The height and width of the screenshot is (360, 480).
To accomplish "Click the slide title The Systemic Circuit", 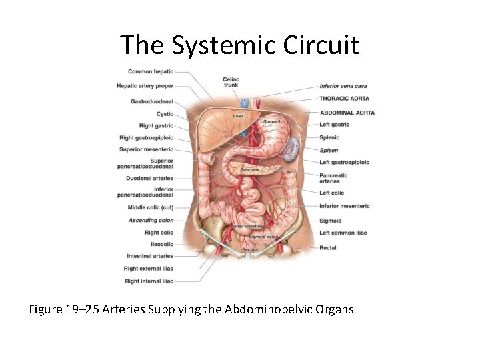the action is [x=239, y=45].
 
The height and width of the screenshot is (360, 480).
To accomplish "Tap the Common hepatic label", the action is [x=150, y=71].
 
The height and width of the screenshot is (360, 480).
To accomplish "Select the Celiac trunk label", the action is [x=231, y=82].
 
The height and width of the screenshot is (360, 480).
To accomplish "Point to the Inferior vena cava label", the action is [x=343, y=86].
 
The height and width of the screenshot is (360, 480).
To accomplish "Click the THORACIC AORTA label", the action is [x=344, y=99].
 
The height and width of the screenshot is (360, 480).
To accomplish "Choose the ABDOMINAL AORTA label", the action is [x=347, y=113].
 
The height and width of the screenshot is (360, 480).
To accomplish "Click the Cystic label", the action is [x=165, y=114].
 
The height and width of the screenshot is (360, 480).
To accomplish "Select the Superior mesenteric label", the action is [x=146, y=149].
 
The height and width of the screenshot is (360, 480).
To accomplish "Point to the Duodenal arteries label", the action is [x=149, y=179].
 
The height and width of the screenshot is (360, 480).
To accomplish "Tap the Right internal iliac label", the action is [x=149, y=281].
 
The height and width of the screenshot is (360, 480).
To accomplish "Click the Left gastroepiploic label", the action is [x=344, y=163].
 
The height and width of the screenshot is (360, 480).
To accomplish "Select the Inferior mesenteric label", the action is [x=344, y=206].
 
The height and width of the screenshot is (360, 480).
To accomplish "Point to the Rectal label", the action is [x=327, y=248].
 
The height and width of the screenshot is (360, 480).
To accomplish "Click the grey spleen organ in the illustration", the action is [x=289, y=150].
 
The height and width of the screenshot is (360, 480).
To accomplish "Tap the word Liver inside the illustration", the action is [x=238, y=116].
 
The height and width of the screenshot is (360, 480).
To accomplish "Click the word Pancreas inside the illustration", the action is [x=249, y=170].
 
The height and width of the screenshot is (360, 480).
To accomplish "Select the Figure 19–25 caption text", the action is [x=191, y=309].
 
